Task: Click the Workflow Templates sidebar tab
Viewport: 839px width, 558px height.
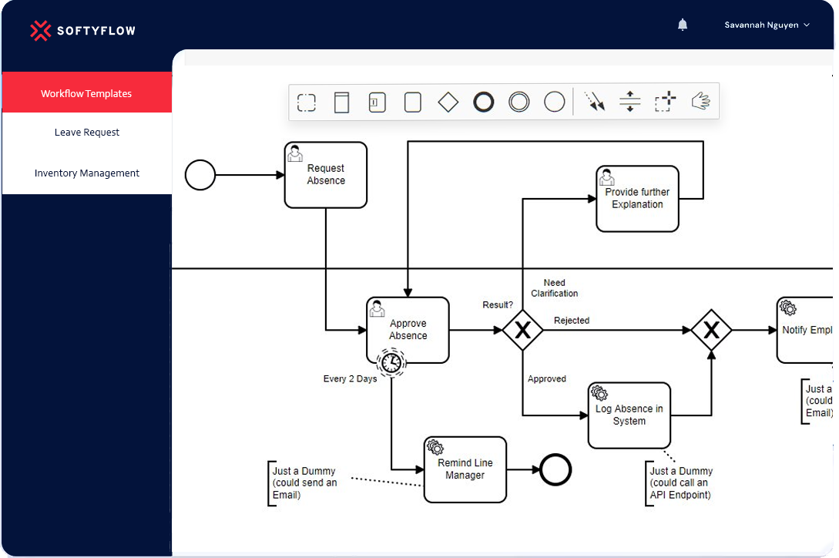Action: (86, 93)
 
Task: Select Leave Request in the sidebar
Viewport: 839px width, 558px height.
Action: (87, 133)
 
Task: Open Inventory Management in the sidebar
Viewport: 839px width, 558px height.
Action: (87, 173)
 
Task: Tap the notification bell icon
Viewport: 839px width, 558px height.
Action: (683, 25)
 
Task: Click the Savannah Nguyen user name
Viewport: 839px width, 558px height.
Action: (761, 25)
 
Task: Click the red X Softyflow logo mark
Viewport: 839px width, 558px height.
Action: (41, 31)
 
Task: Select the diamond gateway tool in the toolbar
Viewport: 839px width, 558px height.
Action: (448, 102)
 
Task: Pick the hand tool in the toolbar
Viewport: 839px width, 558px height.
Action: (700, 101)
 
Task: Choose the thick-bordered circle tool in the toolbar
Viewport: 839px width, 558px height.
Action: (483, 102)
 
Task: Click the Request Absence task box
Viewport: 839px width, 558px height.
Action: (325, 175)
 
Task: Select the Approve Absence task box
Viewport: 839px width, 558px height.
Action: (408, 330)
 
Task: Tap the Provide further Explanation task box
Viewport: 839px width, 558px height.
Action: (637, 199)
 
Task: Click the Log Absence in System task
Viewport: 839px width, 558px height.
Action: (629, 415)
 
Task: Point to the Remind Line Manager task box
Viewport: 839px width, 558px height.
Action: (465, 469)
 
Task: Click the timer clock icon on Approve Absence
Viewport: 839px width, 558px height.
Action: (391, 362)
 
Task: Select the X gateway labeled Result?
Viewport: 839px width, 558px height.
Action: (522, 330)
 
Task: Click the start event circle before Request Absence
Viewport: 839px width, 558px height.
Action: (200, 175)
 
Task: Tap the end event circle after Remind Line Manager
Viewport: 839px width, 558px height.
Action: (555, 469)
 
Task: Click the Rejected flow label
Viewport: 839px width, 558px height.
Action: (572, 321)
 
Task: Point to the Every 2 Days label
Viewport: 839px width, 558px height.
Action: (350, 378)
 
